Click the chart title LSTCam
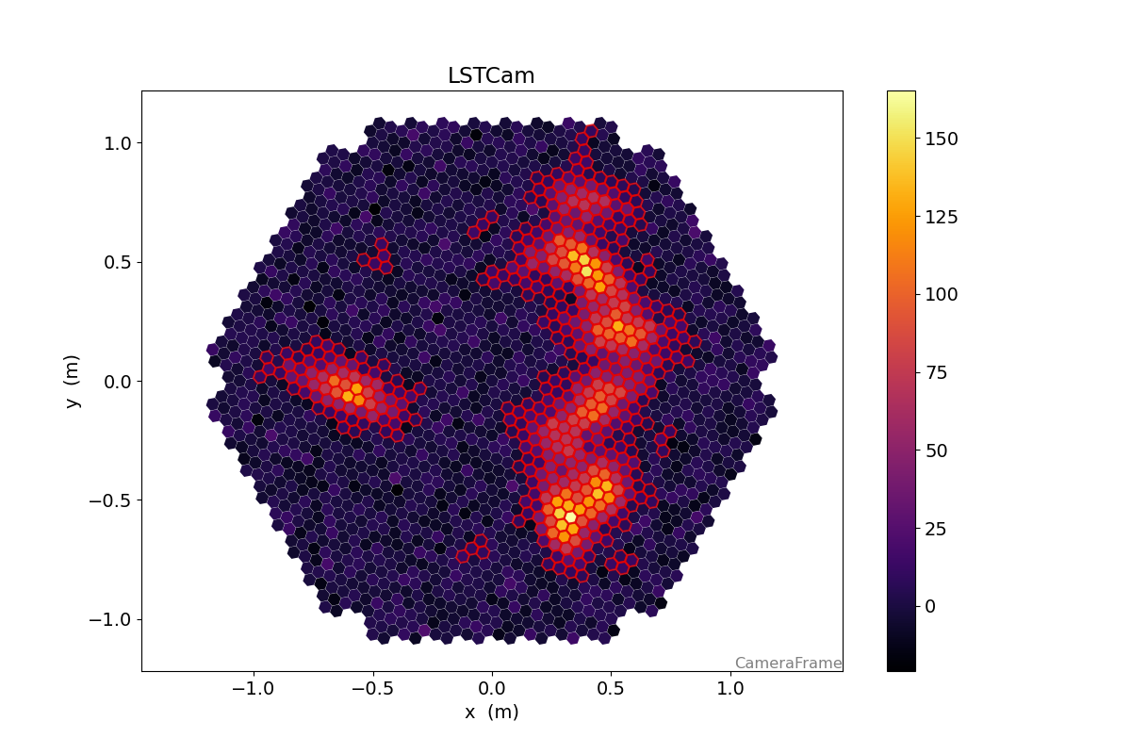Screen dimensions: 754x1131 pyautogui.click(x=491, y=76)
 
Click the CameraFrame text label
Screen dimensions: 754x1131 pyautogui.click(x=788, y=664)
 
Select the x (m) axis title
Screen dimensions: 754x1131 pyautogui.click(x=491, y=713)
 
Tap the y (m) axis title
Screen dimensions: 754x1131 pyautogui.click(x=73, y=381)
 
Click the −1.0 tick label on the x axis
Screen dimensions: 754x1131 pyautogui.click(x=253, y=688)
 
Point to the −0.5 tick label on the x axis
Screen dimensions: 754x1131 pyautogui.click(x=371, y=688)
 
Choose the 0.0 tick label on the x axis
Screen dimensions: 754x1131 pyautogui.click(x=491, y=688)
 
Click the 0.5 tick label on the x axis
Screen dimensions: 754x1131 pyautogui.click(x=610, y=688)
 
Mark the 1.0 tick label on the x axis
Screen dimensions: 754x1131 pyautogui.click(x=729, y=688)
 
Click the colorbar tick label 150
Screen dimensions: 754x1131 pyautogui.click(x=942, y=139)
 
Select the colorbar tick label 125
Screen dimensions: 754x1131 pyautogui.click(x=942, y=217)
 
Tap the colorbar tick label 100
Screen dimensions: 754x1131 pyautogui.click(x=942, y=294)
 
